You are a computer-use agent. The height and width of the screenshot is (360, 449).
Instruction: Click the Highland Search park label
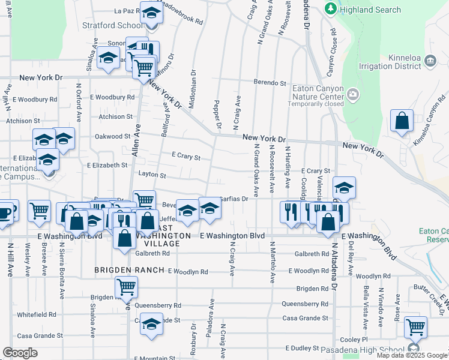[370, 10]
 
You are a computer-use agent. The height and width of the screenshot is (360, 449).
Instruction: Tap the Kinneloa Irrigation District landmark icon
[430, 61]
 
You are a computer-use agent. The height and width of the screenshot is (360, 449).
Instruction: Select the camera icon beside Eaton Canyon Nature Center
[353, 94]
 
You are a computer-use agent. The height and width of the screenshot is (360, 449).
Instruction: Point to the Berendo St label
[270, 83]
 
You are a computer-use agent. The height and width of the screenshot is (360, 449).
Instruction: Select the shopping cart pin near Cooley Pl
[415, 328]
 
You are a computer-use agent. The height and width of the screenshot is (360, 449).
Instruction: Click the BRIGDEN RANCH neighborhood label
[129, 271]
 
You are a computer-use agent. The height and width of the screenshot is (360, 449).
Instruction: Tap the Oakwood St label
[113, 136]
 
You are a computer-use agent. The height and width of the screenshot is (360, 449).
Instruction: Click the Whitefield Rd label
[37, 314]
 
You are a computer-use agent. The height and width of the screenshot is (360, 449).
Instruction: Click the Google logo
[20, 353]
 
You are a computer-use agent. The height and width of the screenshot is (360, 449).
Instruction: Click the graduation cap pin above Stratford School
[151, 13]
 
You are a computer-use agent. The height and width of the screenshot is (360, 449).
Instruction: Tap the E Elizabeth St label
[107, 164]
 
